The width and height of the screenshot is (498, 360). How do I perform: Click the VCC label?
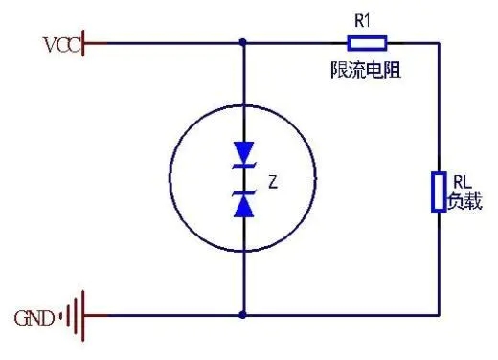click(x=61, y=44)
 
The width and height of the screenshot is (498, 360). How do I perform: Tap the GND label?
click(x=35, y=315)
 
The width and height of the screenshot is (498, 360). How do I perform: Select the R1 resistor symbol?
click(x=367, y=42)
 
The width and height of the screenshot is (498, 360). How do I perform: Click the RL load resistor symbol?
click(x=438, y=191)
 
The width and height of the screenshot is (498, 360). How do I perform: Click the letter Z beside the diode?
click(x=273, y=179)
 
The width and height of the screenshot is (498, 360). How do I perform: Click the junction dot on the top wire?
click(x=243, y=42)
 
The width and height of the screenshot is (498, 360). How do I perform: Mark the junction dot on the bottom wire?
click(x=243, y=314)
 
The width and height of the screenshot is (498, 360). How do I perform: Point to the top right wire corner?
click(x=438, y=42)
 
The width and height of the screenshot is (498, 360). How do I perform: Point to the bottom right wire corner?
click(x=438, y=314)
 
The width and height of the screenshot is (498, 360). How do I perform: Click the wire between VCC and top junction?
click(x=163, y=42)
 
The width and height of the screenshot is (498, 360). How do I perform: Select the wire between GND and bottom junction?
click(x=163, y=314)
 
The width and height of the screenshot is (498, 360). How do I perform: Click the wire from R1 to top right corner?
click(x=412, y=42)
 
